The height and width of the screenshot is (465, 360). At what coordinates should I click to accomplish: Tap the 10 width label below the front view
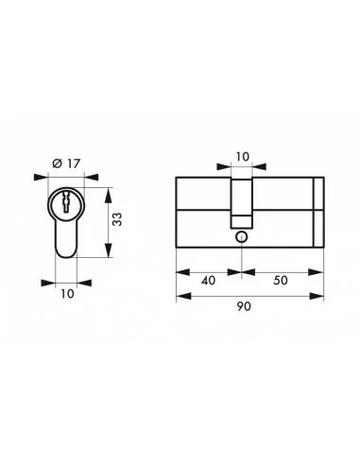coord(64,293)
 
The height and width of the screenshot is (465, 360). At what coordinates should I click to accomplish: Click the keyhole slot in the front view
coord(64,202)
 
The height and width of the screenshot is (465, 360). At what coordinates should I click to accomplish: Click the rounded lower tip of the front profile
coord(64,252)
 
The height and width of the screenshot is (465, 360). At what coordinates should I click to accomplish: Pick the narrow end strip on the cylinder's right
coord(318,213)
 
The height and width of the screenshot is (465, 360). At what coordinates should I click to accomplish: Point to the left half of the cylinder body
coord(204,213)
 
